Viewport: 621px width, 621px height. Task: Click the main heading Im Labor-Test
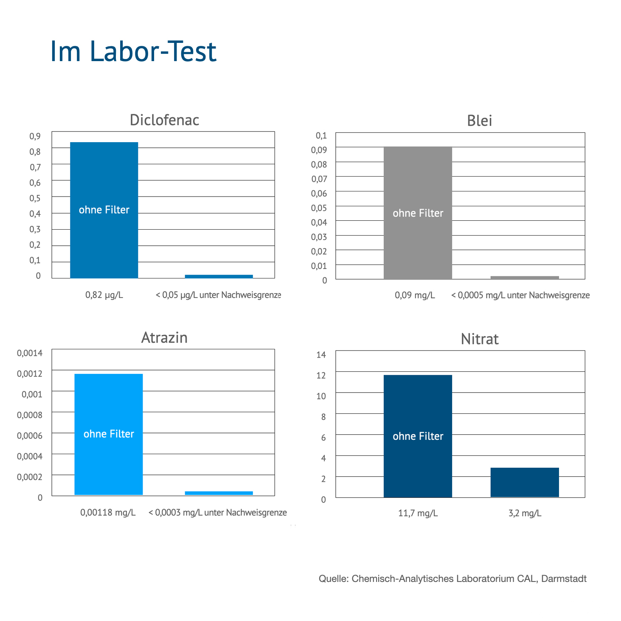133,51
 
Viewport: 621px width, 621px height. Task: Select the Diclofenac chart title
164,120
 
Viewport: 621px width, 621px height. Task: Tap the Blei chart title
479,121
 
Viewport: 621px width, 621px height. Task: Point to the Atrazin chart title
164,338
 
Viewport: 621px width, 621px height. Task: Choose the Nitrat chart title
480,339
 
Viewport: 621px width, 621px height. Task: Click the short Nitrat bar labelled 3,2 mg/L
525,482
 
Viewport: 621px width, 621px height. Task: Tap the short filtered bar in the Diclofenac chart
219,276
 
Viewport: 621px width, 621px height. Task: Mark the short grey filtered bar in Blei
525,278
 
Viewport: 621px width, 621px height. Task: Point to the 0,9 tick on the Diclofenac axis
35,136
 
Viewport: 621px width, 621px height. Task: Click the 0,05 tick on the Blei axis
319,208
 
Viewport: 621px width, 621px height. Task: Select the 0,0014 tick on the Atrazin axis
30,353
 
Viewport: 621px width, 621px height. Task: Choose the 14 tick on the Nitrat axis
321,355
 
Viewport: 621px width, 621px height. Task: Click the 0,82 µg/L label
104,295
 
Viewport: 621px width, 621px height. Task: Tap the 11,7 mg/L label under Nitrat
418,513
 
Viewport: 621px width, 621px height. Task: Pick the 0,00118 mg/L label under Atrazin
108,513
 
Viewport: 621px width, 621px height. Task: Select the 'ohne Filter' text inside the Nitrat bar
418,436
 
